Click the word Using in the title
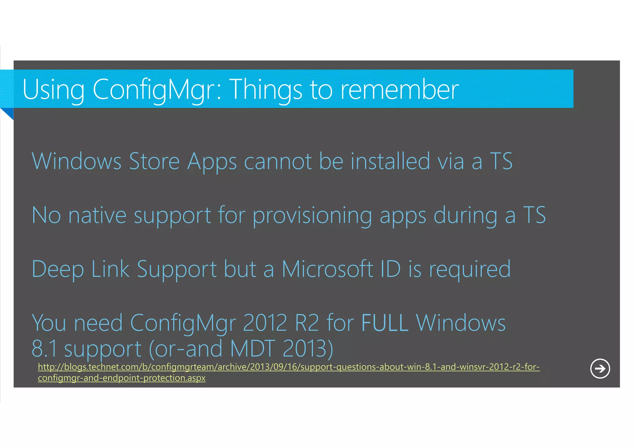click(x=53, y=90)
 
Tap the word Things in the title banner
click(x=266, y=90)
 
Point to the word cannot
click(x=278, y=162)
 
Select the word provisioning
click(x=312, y=215)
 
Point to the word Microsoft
click(x=327, y=269)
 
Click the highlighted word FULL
click(x=385, y=323)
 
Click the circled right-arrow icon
click(x=600, y=368)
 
